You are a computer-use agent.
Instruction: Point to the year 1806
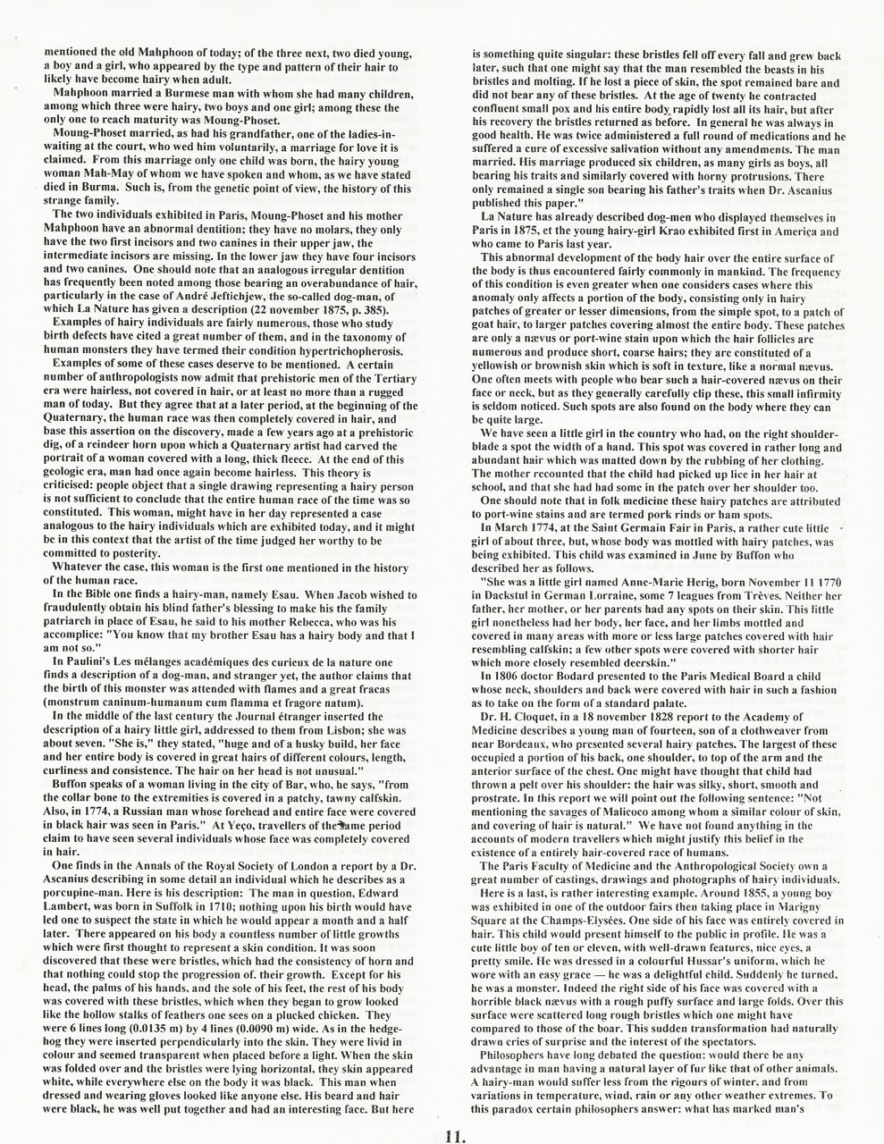point(509,675)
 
